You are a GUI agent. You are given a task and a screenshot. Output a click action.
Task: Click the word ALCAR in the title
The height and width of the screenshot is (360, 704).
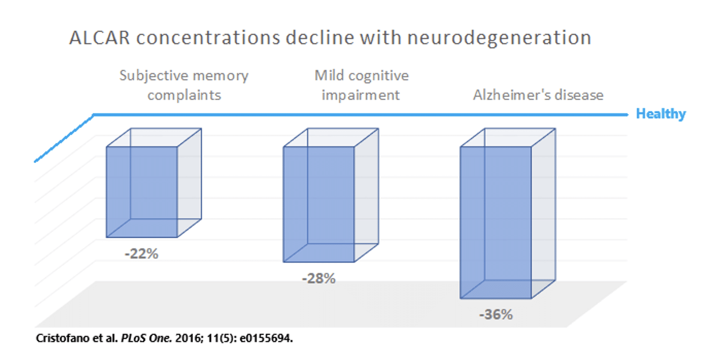[x=99, y=38]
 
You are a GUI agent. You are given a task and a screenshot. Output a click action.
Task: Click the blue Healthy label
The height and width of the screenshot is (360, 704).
[x=660, y=114]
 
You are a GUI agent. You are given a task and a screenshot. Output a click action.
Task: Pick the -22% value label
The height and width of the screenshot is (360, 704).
[x=141, y=254]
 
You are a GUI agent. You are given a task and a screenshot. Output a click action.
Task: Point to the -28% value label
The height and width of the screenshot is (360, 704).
[x=319, y=279]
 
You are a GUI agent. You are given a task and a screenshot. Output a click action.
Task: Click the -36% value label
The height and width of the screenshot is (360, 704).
[x=496, y=315]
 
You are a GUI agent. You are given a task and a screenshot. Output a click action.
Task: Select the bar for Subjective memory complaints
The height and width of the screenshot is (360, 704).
[x=142, y=192]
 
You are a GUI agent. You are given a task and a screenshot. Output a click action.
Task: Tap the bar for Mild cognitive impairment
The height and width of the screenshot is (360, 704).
[x=319, y=204]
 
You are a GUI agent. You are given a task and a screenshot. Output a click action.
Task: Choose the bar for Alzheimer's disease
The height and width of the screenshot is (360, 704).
[x=496, y=222]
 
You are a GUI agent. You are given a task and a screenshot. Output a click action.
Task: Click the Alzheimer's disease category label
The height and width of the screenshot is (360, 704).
[x=538, y=95]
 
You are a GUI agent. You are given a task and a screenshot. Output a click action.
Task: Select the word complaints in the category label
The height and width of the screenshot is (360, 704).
[x=184, y=95]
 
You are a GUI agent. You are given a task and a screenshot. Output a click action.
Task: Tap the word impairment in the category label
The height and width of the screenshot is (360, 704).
[x=361, y=95]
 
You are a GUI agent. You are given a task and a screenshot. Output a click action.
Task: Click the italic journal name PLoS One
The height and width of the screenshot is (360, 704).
[x=146, y=338]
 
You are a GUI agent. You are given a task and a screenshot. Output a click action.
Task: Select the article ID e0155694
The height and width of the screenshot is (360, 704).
[x=266, y=338]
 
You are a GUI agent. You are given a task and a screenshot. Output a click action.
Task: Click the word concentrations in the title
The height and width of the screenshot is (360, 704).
[x=208, y=38]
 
